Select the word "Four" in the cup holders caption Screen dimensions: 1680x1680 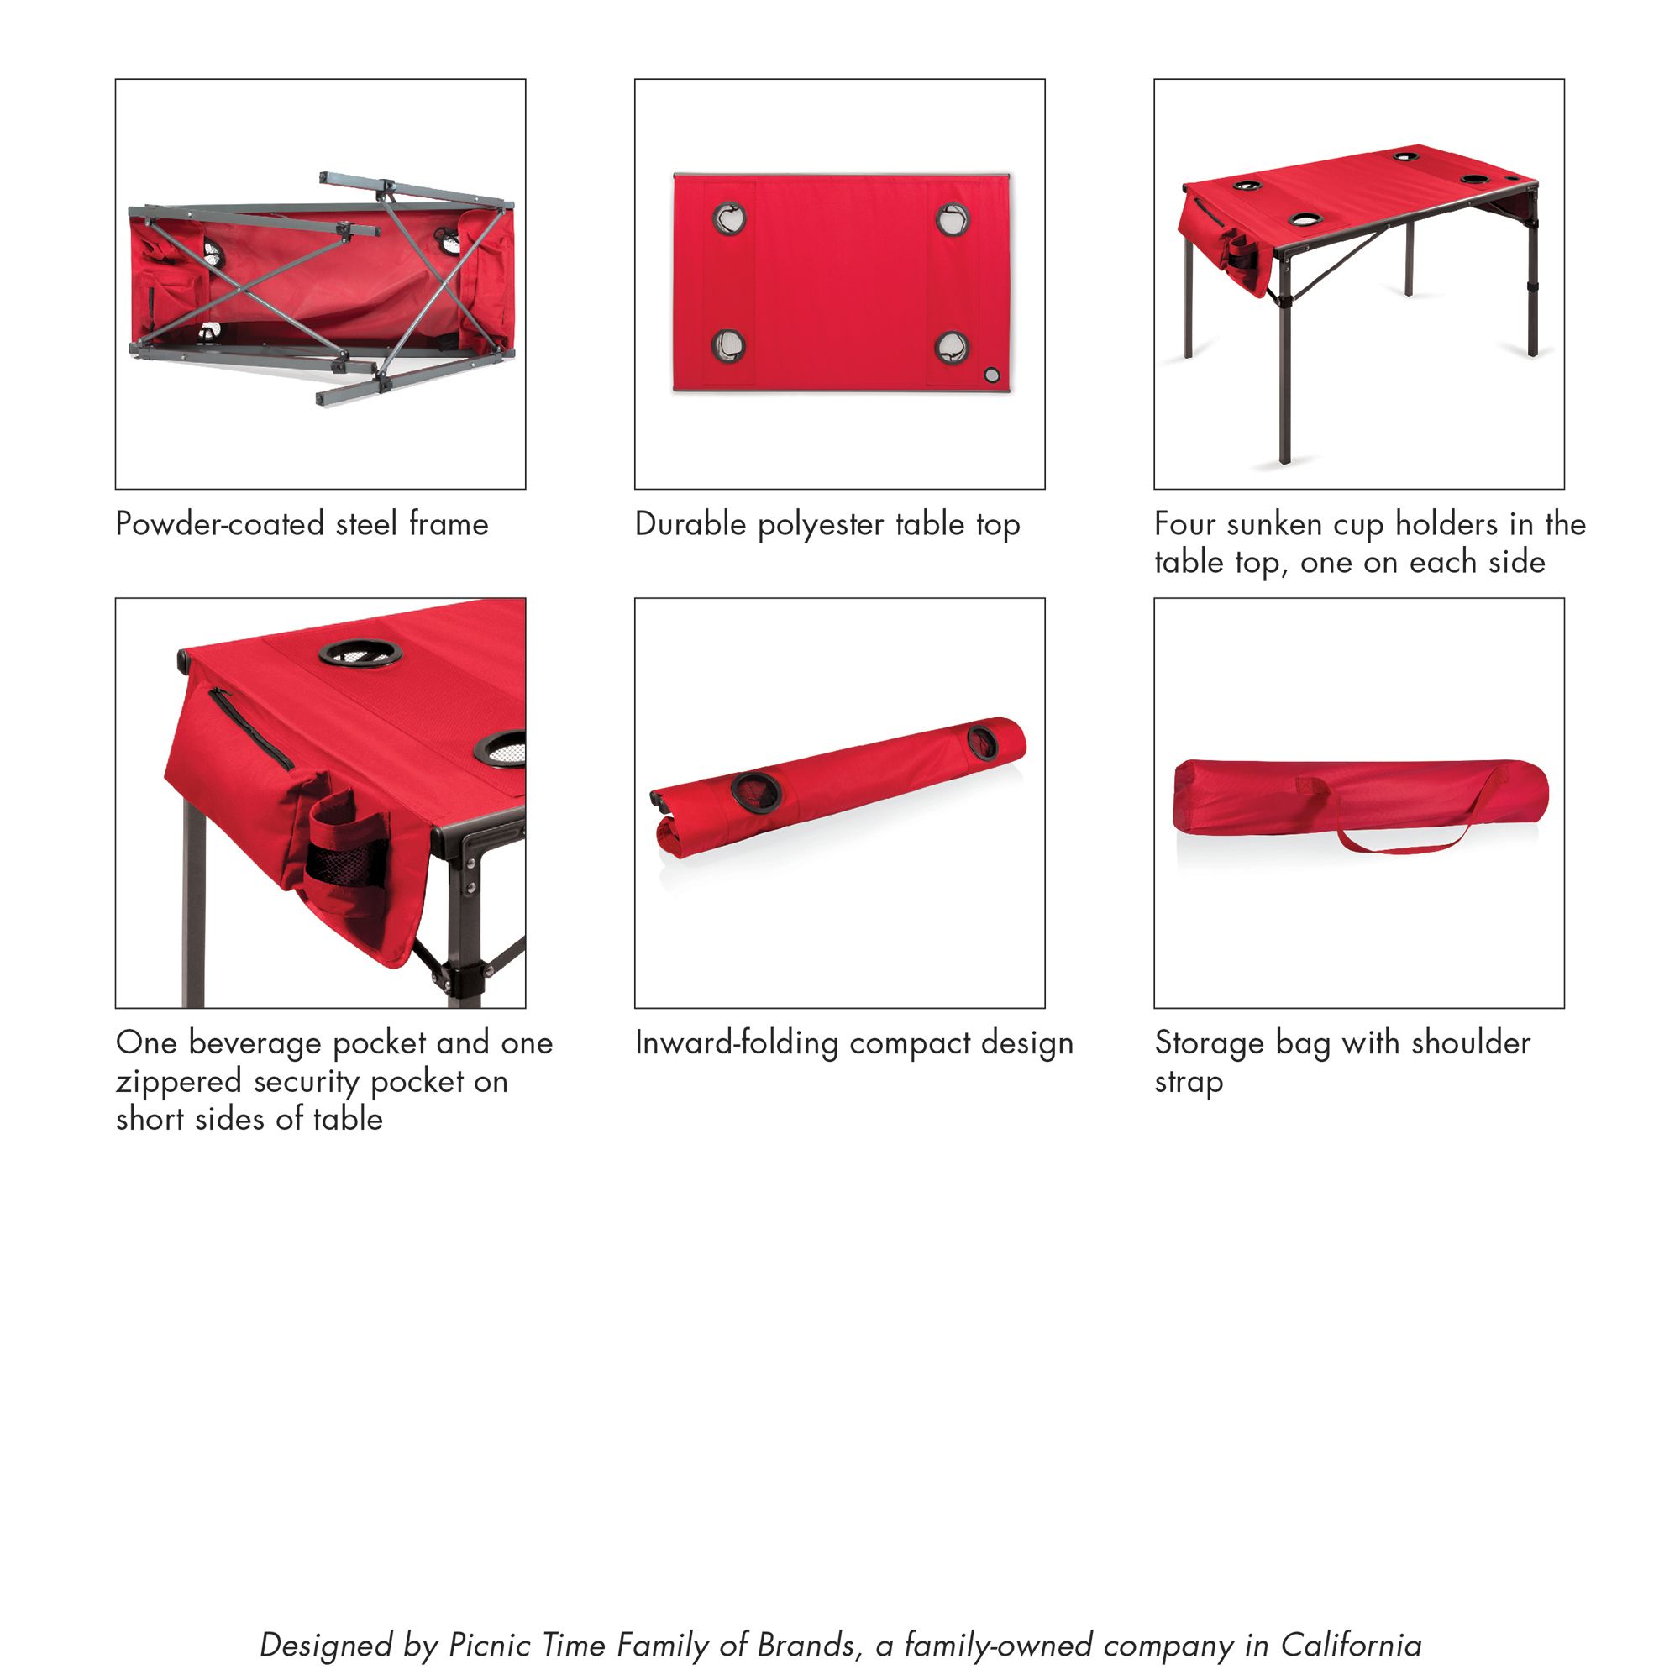point(1183,524)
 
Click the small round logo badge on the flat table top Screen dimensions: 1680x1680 point(991,375)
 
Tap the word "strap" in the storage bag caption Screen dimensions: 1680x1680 point(1188,1083)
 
